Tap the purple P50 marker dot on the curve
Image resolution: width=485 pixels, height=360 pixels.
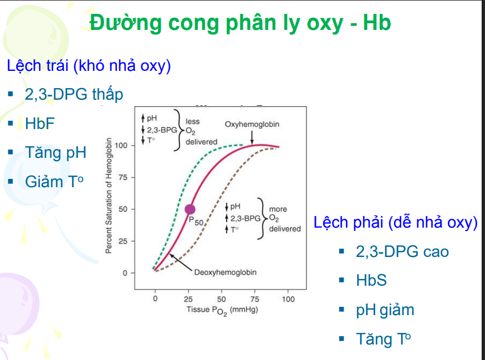pyautogui.click(x=190, y=209)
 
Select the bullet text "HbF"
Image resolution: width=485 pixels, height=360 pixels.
pyautogui.click(x=40, y=123)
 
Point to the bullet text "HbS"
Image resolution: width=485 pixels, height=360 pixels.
pyautogui.click(x=371, y=280)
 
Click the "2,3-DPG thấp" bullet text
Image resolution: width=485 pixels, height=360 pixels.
pyautogui.click(x=74, y=94)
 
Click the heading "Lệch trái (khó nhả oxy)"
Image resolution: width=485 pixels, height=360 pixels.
pyautogui.click(x=89, y=65)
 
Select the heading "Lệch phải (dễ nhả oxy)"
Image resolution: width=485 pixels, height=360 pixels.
pyautogui.click(x=395, y=223)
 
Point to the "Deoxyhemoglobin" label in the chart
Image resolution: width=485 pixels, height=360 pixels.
pyautogui.click(x=226, y=272)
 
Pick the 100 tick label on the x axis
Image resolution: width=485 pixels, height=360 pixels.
pyautogui.click(x=288, y=299)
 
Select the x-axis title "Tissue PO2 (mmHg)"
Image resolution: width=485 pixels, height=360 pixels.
pyautogui.click(x=222, y=310)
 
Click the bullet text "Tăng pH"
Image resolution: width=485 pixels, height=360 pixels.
pyautogui.click(x=55, y=152)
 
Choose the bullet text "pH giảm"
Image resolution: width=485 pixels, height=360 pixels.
pyautogui.click(x=385, y=310)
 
